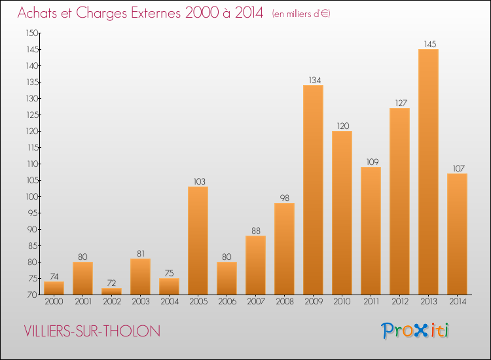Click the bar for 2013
[428, 172]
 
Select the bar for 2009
[313, 190]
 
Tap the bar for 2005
[198, 240]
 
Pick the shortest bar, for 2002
[111, 291]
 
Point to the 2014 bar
[457, 234]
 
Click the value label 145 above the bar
[430, 44]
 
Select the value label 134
[315, 80]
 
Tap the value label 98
[284, 198]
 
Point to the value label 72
[111, 283]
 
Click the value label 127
[401, 103]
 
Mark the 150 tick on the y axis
[32, 33]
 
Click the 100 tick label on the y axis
[32, 196]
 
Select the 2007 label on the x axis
[255, 301]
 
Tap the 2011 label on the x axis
[371, 301]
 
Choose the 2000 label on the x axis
[54, 301]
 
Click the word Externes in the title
[156, 12]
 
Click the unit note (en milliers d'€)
[301, 14]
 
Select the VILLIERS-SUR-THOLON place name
[92, 331]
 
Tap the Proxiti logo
[415, 331]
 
